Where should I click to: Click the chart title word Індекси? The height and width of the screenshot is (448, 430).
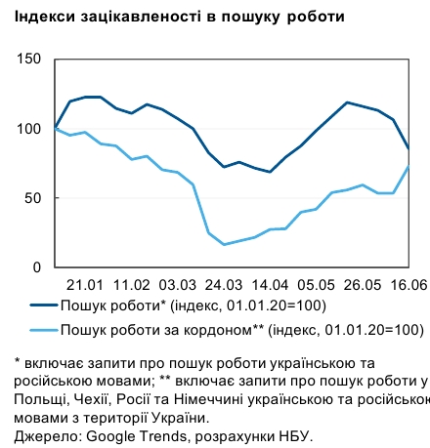click(x=38, y=18)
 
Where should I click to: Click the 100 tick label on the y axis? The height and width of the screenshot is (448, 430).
click(x=27, y=129)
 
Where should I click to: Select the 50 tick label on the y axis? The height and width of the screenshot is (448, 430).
click(x=31, y=198)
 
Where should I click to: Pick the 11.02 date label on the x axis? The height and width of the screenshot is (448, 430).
click(x=132, y=285)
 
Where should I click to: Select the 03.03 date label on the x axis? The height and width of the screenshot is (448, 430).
click(x=177, y=285)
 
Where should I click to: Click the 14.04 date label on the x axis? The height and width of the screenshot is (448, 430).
click(x=269, y=285)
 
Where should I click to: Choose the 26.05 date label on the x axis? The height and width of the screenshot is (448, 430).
click(x=361, y=285)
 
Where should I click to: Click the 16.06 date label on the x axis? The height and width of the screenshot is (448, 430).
click(x=407, y=285)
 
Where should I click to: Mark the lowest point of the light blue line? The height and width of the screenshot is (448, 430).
click(x=224, y=244)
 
